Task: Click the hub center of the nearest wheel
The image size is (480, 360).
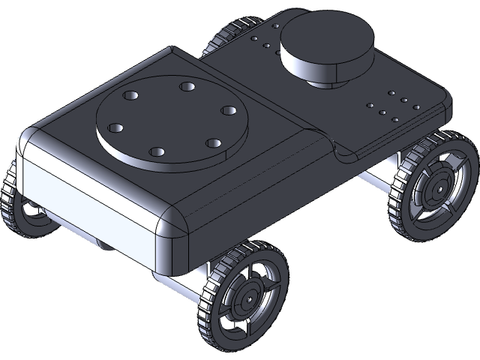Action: coord(246,299)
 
